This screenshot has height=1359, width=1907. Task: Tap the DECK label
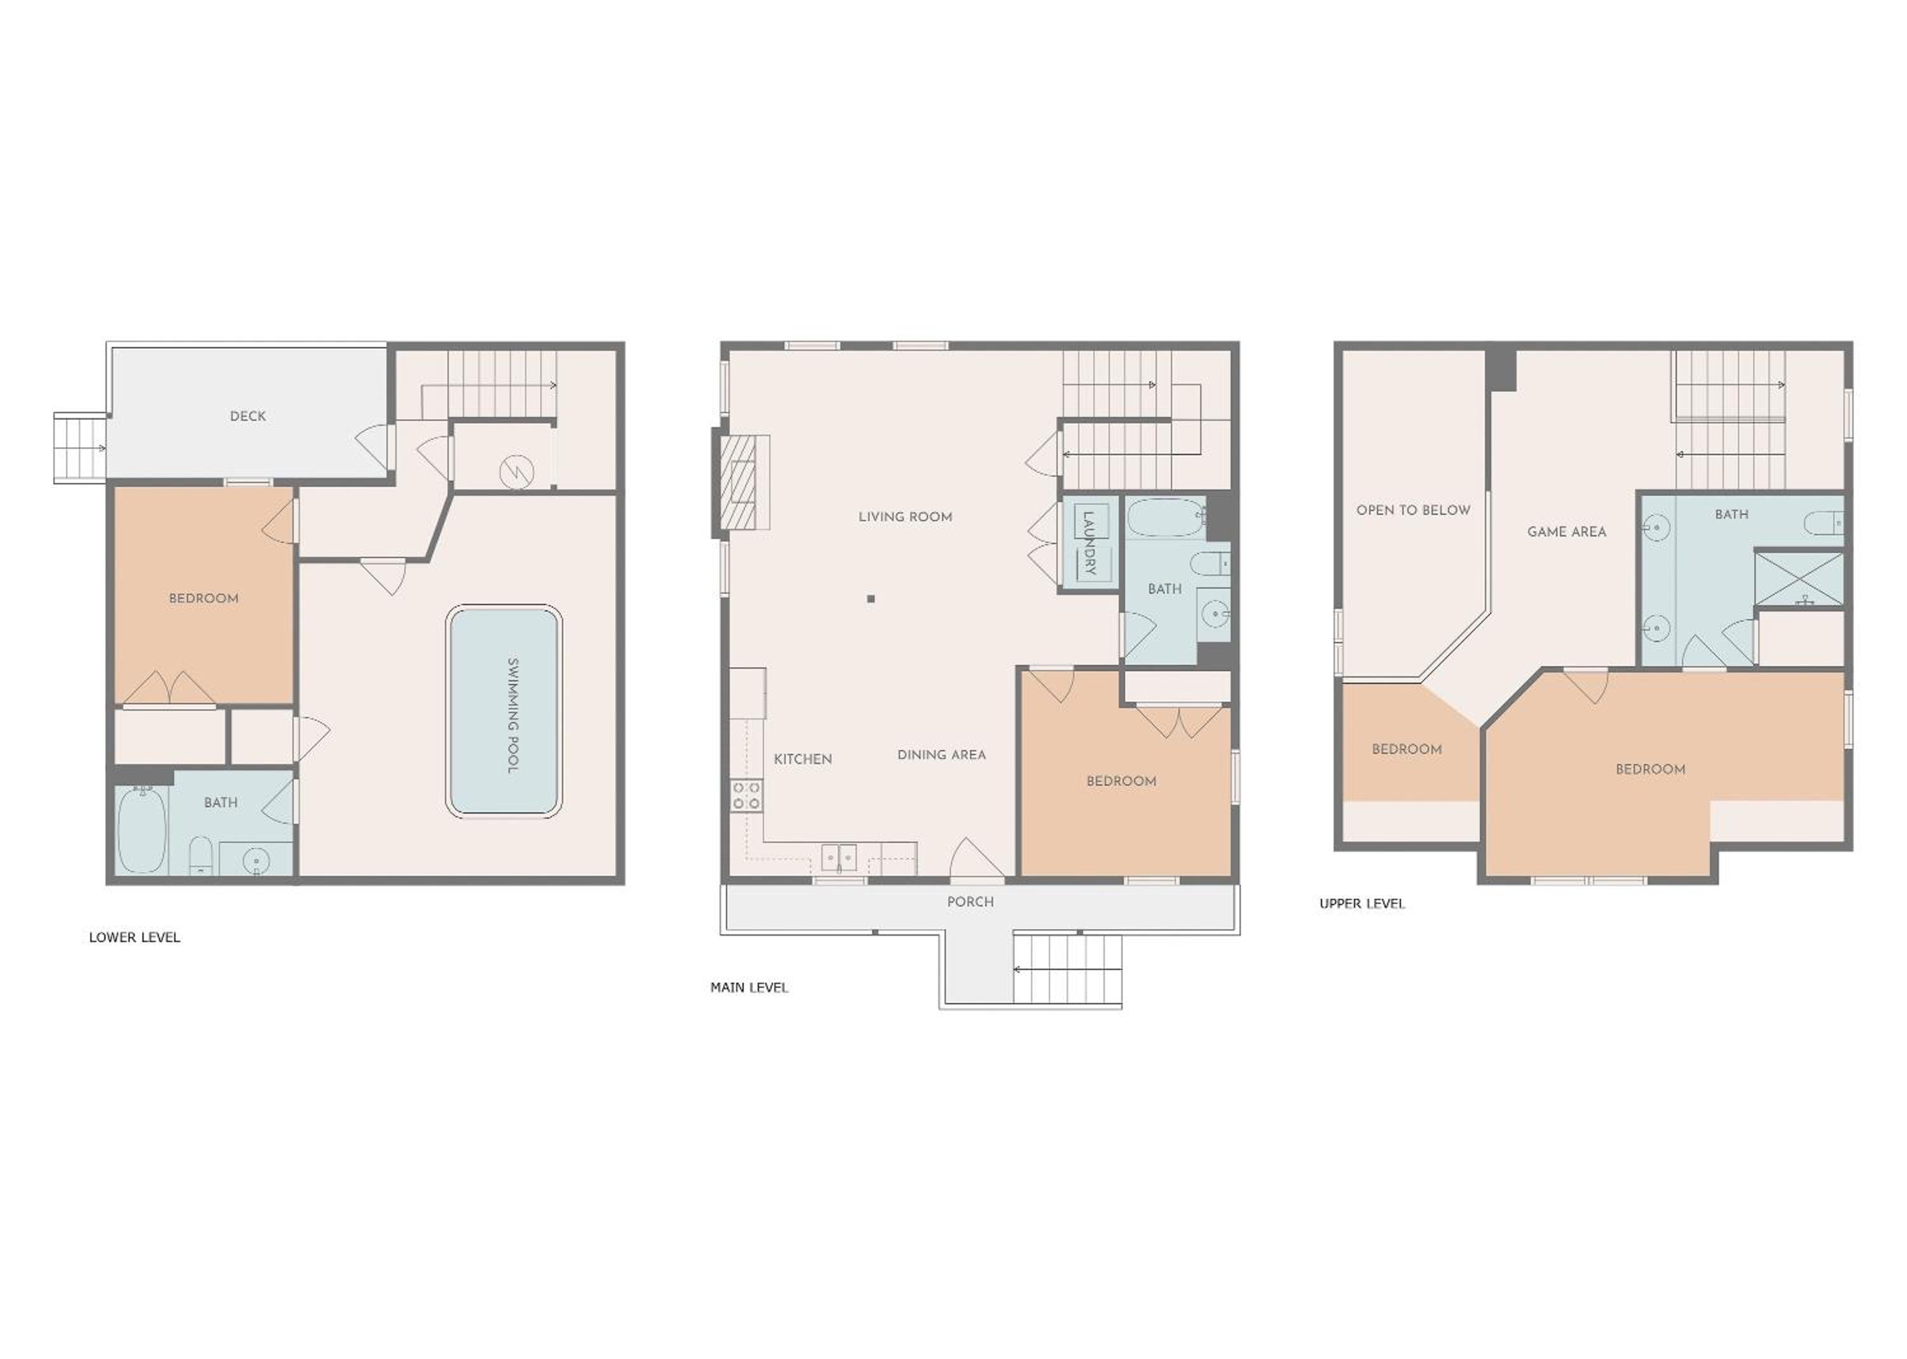(x=248, y=416)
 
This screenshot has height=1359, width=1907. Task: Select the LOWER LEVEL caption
(x=135, y=937)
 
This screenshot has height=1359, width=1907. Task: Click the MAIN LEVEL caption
(x=749, y=987)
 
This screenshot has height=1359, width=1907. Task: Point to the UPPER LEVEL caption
(x=1362, y=904)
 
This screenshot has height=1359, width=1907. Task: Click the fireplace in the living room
(x=741, y=482)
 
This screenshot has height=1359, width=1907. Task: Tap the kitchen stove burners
(x=746, y=795)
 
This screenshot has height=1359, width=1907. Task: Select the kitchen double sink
(x=838, y=857)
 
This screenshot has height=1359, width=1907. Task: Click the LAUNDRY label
(x=1090, y=542)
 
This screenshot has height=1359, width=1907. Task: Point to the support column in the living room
(x=871, y=598)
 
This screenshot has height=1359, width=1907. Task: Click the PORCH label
(x=971, y=902)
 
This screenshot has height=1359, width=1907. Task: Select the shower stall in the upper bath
(x=1798, y=577)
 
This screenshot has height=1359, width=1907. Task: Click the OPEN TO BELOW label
(x=1413, y=510)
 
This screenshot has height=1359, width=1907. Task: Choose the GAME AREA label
(x=1566, y=531)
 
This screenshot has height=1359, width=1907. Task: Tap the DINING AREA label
(x=941, y=755)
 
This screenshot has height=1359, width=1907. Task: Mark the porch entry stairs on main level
(x=1067, y=969)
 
